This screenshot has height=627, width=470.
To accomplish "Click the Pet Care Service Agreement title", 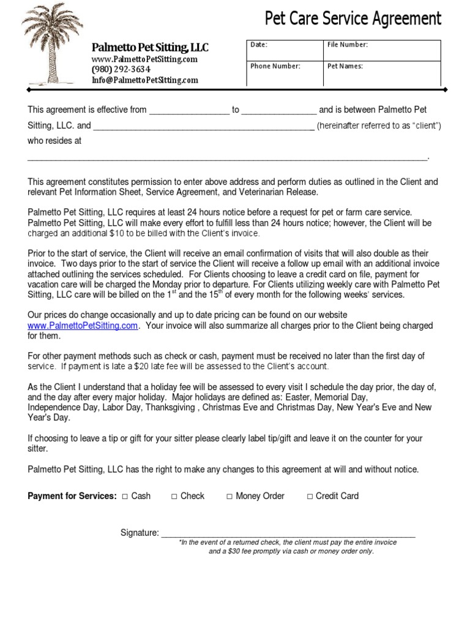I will tap(352, 19).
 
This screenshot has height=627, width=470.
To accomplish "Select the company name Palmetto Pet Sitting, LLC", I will tap(150, 48).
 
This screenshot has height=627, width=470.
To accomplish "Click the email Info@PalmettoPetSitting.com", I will tap(145, 80).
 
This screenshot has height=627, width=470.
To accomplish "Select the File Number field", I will tap(382, 51).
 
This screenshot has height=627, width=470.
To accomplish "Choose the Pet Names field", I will tap(382, 72).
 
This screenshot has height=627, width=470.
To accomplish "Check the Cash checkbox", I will tap(125, 497).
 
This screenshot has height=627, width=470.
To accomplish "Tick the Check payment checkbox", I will tap(174, 497).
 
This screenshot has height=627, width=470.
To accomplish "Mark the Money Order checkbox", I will tap(229, 497).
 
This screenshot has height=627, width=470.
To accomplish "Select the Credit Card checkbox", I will tap(310, 497).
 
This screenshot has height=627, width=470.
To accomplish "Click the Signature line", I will tap(288, 533).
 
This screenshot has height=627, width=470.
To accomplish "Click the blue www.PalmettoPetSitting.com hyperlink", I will tap(83, 326).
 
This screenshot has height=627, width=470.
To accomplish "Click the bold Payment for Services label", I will tap(72, 496).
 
